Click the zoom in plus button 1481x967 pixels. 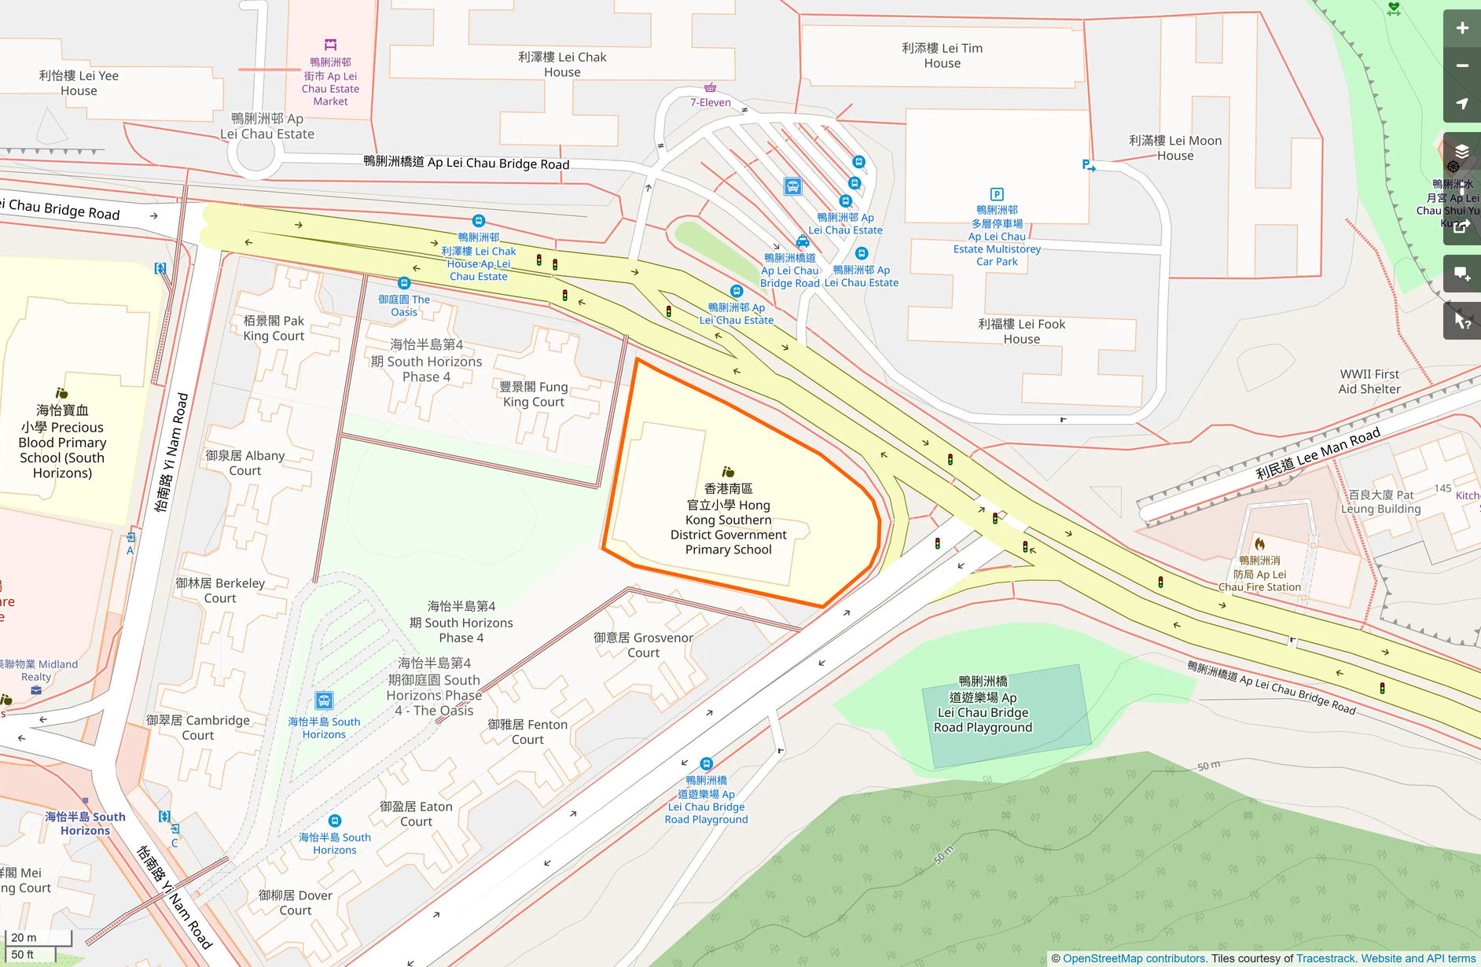1461,28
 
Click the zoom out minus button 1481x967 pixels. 1461,66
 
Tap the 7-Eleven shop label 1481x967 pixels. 710,102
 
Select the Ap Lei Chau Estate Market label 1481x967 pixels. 330,82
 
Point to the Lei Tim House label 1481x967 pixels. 942,56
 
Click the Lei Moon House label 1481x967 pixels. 1174,148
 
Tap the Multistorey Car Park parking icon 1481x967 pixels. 996,194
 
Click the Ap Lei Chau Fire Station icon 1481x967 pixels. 1259,544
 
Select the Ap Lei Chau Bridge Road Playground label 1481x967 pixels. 983,704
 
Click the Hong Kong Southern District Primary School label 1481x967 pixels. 728,519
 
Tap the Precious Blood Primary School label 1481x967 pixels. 62,442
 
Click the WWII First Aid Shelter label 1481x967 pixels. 1369,381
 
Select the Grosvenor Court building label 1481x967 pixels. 643,645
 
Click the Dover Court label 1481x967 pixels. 296,903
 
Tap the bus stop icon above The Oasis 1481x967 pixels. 404,283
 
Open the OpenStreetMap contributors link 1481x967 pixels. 1134,958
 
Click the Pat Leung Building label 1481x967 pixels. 1380,502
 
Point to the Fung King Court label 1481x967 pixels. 534,394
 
